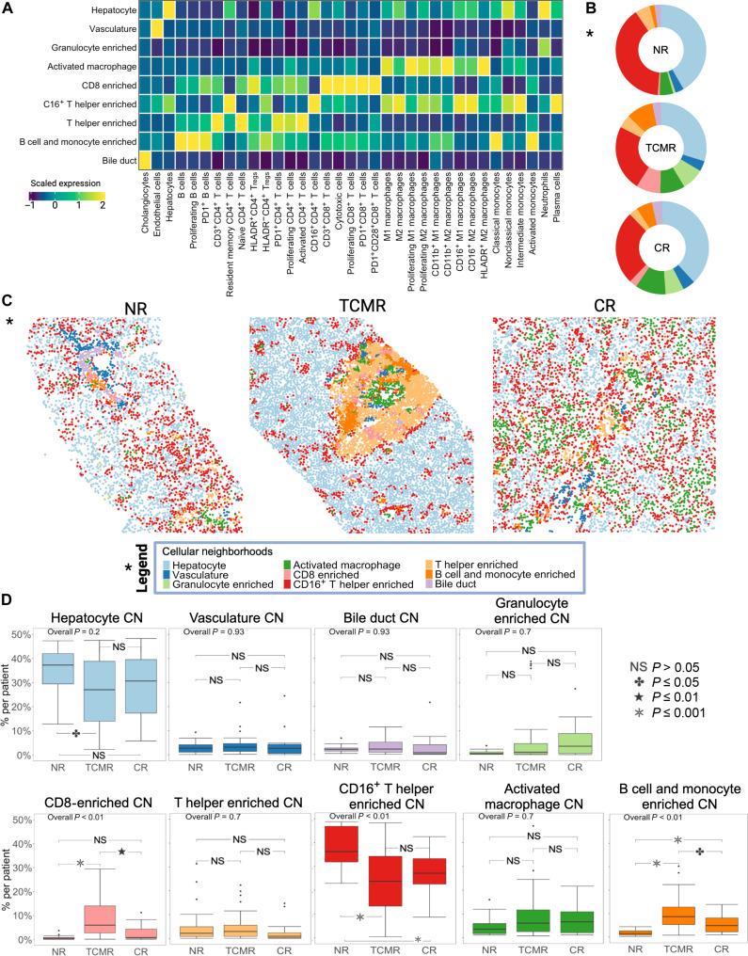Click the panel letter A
tap(8, 8)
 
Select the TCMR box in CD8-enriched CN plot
tap(118, 889)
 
